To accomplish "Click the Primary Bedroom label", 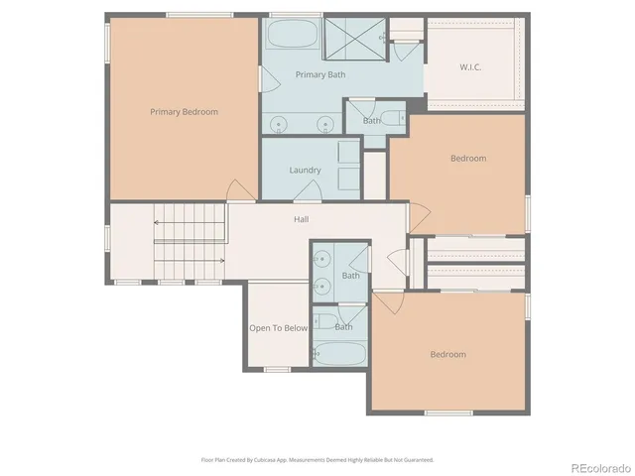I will tap(184, 112).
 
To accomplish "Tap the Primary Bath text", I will tap(319, 74).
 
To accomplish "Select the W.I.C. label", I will tap(470, 67).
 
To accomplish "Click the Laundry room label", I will tap(305, 170).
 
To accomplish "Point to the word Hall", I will tap(301, 219).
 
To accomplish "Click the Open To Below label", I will tap(278, 327).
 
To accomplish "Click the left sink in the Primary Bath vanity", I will tap(280, 125).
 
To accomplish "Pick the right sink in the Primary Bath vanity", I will tap(323, 125).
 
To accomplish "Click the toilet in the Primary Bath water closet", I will tap(401, 118).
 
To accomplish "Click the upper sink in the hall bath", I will tap(321, 261).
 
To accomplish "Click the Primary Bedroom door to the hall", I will tap(239, 190).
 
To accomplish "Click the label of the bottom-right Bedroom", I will tap(447, 354).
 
